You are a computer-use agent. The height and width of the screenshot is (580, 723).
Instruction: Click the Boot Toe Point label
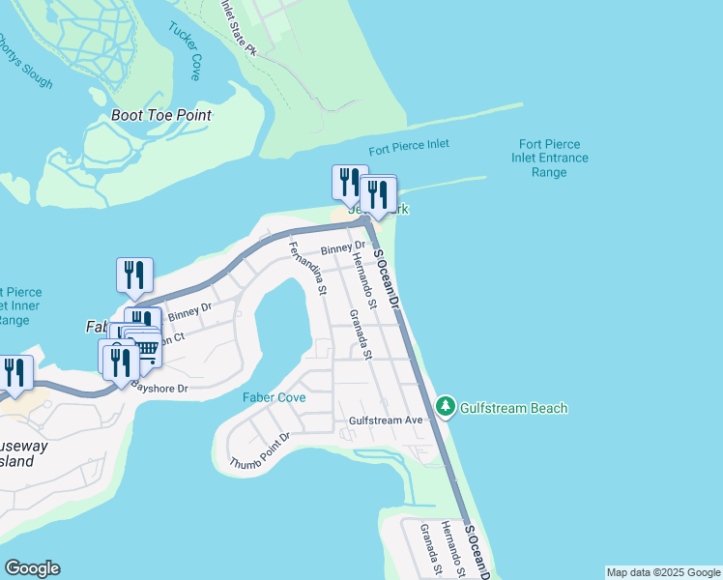pyautogui.click(x=160, y=115)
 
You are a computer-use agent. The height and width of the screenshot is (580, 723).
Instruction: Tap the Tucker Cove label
pyautogui.click(x=183, y=52)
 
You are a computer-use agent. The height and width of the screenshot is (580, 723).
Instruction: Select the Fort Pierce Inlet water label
pyautogui.click(x=409, y=147)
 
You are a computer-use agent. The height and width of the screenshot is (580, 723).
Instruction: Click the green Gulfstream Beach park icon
pyautogui.click(x=446, y=407)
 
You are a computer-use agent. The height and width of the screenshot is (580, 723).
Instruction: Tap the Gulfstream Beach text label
pyautogui.click(x=513, y=408)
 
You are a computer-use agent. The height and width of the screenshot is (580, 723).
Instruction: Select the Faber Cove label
pyautogui.click(x=274, y=397)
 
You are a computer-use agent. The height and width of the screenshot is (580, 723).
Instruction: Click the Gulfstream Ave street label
pyautogui.click(x=387, y=420)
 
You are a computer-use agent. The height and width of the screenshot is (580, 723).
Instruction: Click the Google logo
pyautogui.click(x=32, y=568)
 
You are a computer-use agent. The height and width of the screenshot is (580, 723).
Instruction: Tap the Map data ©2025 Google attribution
pyautogui.click(x=664, y=572)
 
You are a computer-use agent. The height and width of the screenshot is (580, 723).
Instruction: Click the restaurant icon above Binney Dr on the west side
pyautogui.click(x=134, y=275)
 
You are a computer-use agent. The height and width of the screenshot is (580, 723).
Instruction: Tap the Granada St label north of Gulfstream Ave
pyautogui.click(x=361, y=333)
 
